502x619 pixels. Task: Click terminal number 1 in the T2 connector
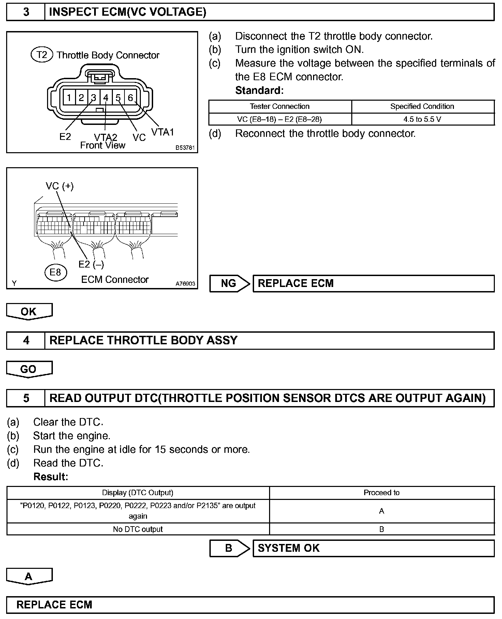pos(69,98)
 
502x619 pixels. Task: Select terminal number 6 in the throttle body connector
pos(130,98)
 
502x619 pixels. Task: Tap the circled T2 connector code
pos(42,55)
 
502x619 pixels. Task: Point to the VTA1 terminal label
pos(162,132)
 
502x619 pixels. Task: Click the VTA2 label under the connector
pos(105,137)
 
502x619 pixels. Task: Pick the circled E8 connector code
pos(55,272)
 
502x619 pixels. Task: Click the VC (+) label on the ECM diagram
pos(60,186)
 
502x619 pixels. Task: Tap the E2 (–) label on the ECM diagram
pos(91,264)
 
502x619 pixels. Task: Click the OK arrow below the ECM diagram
pos(29,312)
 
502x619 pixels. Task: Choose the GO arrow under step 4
pos(29,369)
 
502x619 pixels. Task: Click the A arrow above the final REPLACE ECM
pos(29,576)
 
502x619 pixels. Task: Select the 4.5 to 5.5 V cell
pos(422,119)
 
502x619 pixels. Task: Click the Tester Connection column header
pos(280,106)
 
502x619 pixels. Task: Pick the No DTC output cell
pos(138,529)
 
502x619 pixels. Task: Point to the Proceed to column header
pos(381,493)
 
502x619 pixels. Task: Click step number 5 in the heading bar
pos(26,398)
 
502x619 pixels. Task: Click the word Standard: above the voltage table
pos(259,90)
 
